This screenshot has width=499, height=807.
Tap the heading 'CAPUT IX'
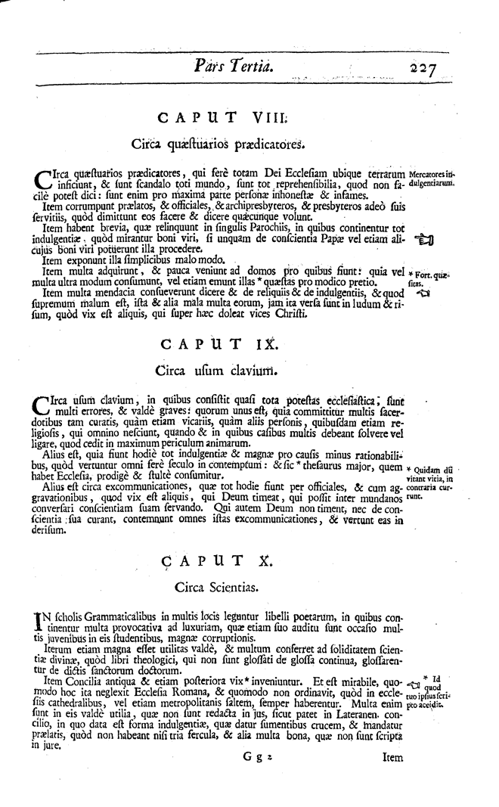point(221,345)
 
